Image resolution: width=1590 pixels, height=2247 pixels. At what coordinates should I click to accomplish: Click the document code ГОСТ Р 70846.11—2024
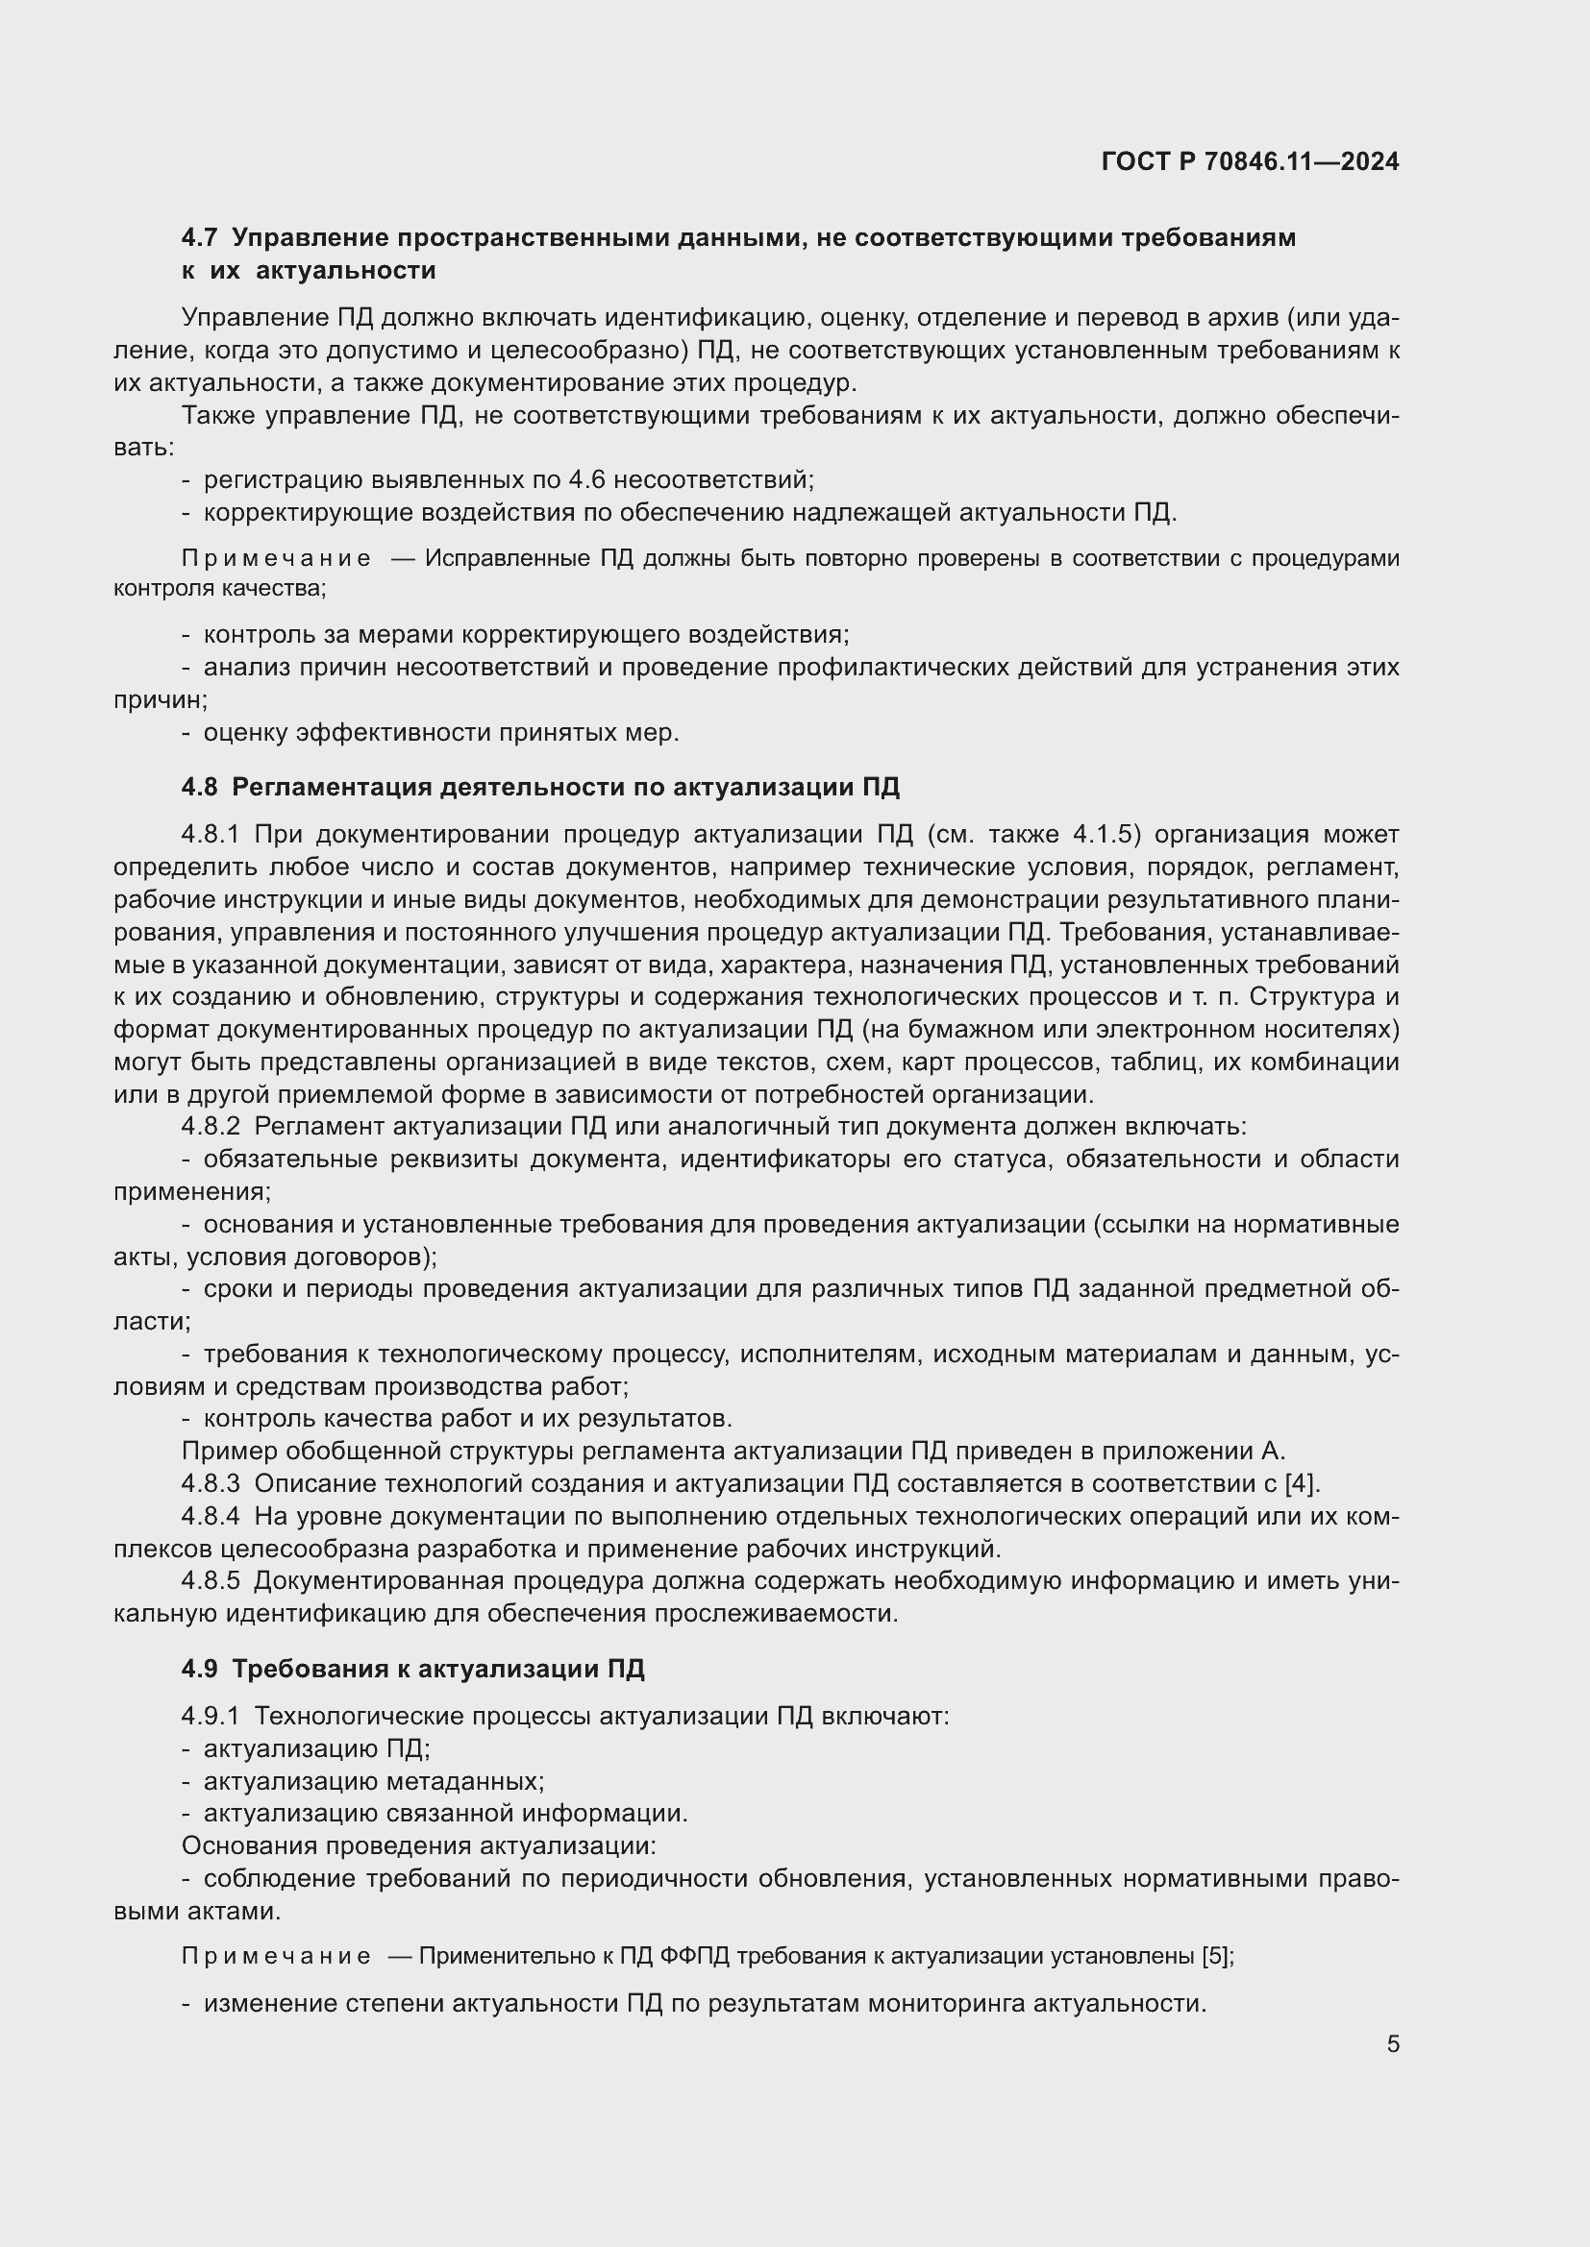click(1250, 161)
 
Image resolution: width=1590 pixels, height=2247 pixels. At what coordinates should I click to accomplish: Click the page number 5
click(1392, 2043)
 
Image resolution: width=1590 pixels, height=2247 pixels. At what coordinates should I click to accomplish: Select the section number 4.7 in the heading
click(199, 238)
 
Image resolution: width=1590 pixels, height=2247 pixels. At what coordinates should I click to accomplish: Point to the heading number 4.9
click(199, 1669)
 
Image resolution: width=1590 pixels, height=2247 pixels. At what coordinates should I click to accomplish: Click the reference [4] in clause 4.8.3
click(1301, 1483)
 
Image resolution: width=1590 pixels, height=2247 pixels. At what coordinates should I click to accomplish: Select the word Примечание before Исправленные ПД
click(276, 559)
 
